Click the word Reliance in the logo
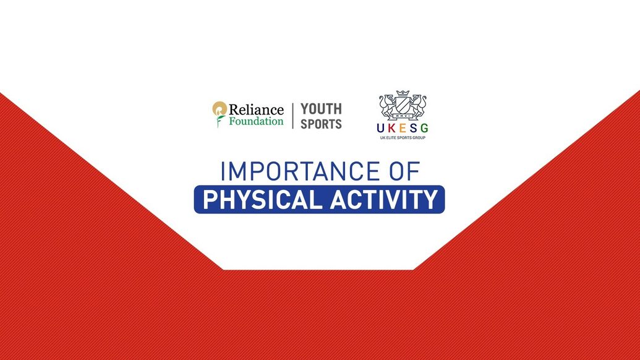tap(256, 109)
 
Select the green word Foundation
tap(256, 121)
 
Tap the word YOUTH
tap(321, 109)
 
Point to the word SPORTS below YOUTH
tap(321, 124)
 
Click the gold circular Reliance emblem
tap(219, 109)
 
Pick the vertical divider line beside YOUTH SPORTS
tap(292, 116)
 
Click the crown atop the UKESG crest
tap(403, 93)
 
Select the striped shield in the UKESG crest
tap(403, 105)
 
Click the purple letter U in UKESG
tap(380, 128)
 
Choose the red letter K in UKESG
tap(391, 128)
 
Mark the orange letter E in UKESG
tap(403, 128)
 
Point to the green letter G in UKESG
tap(424, 128)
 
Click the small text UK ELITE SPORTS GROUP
tap(403, 137)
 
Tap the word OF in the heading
tap(404, 171)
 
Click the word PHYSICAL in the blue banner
tap(262, 200)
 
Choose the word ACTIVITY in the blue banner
tap(383, 200)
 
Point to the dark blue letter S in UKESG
tap(414, 128)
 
